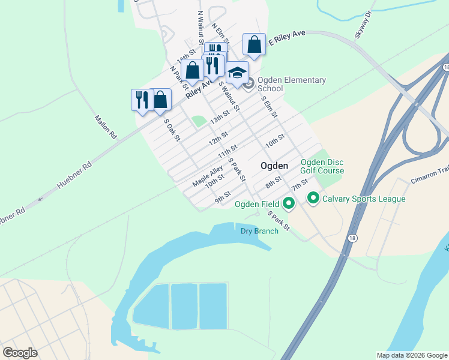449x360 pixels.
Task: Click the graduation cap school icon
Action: coord(237,73)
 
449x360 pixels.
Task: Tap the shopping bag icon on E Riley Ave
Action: coord(254,44)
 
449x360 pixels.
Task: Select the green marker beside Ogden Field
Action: coord(289,204)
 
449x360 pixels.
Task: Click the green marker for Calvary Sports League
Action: coord(313,198)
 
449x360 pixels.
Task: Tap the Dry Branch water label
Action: coord(259,231)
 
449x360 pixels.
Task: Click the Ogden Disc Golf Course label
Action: coord(322,166)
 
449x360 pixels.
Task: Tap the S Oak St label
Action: coord(172,130)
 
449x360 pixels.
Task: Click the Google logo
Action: coord(20,353)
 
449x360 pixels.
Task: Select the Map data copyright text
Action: coord(411,355)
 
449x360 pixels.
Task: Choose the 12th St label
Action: coord(218,141)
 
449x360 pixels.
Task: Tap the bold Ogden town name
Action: coord(274,166)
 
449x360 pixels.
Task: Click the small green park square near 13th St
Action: coord(198,121)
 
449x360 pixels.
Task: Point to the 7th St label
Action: coord(300,182)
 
